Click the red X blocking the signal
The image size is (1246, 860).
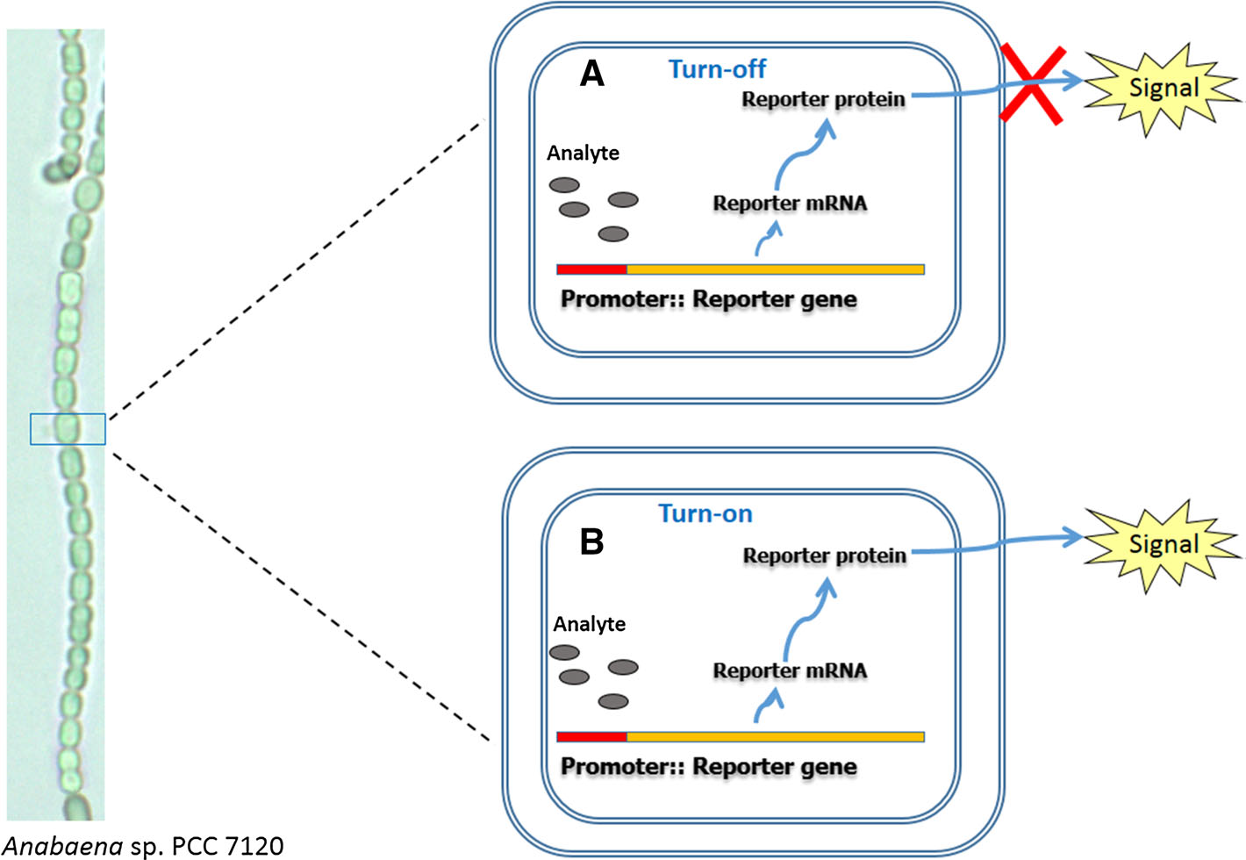click(1034, 85)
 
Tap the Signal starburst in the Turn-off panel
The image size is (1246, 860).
click(1163, 88)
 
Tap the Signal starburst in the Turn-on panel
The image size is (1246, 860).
click(1163, 544)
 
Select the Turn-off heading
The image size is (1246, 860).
click(717, 68)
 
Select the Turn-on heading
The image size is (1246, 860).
click(705, 513)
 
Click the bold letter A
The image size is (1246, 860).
click(592, 74)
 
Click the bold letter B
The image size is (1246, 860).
click(592, 541)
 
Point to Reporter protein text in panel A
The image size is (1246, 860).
click(823, 99)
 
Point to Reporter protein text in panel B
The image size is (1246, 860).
click(824, 555)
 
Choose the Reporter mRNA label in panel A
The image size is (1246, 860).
click(790, 204)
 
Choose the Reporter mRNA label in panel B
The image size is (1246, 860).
click(790, 671)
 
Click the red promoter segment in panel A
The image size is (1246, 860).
click(591, 269)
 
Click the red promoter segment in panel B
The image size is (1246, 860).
click(591, 737)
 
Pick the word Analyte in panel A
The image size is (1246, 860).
click(583, 154)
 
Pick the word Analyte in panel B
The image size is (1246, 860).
click(589, 624)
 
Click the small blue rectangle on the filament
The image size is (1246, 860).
click(68, 429)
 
